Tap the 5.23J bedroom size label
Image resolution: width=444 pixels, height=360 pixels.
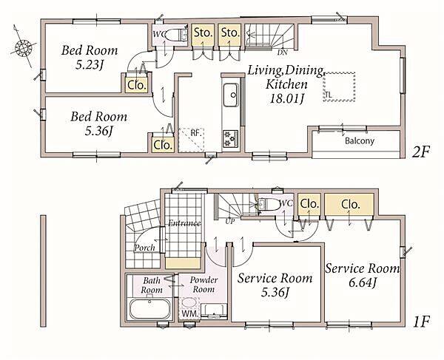[89, 65]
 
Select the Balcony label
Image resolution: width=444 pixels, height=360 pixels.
[360, 140]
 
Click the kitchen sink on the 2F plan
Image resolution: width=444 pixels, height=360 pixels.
[231, 95]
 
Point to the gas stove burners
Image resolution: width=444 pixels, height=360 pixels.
[230, 138]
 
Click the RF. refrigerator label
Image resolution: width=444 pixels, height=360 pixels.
[195, 133]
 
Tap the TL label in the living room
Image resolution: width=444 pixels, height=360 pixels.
[328, 95]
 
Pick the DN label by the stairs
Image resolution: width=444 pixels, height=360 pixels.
[283, 52]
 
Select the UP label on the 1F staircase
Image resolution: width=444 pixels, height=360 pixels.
[230, 221]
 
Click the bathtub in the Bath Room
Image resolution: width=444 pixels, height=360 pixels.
[150, 308]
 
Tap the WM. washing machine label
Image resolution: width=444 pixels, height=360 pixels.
[190, 313]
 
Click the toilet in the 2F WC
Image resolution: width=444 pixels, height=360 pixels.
[175, 35]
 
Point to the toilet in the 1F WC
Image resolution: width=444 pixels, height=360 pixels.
[269, 204]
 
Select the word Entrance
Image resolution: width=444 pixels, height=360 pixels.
[184, 223]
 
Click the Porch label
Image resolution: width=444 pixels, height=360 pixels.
[144, 248]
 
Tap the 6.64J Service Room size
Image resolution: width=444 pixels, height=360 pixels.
[362, 282]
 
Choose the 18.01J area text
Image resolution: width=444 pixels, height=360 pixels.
[287, 99]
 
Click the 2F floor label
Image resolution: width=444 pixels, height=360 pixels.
[420, 152]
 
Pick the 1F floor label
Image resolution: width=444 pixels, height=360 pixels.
[421, 322]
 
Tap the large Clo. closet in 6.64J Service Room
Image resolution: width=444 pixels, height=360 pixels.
[349, 205]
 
